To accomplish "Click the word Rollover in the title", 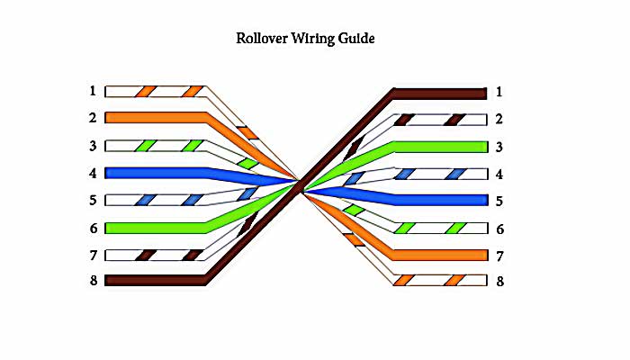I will [x=262, y=39].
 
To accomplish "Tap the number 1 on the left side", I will [x=92, y=90].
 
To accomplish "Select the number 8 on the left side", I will [x=92, y=280].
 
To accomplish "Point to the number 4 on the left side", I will [x=92, y=172].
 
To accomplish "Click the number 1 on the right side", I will [x=499, y=92].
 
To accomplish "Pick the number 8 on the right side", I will [x=499, y=282].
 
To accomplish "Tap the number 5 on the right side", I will [x=499, y=200].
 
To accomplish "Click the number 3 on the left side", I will [x=92, y=145].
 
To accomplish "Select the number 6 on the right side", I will [x=499, y=228].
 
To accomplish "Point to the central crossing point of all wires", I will [x=300, y=186].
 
